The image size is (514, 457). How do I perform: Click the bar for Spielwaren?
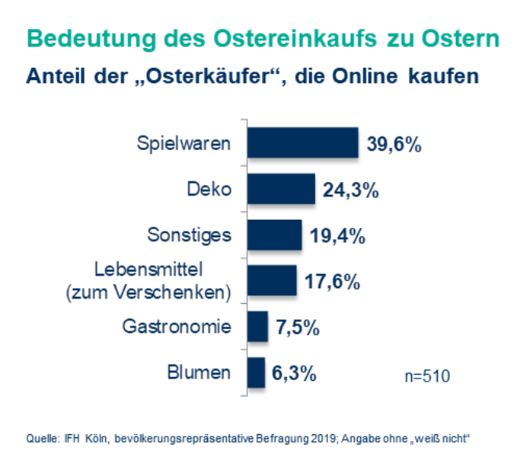click(303, 143)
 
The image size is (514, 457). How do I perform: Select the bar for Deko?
click(282, 189)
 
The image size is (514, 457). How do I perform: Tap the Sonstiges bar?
click(276, 235)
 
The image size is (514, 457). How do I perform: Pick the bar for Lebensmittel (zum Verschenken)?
click(273, 280)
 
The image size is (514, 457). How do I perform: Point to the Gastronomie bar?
click(258, 327)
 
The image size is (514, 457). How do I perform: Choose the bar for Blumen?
click(257, 372)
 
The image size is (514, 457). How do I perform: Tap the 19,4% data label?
click(338, 236)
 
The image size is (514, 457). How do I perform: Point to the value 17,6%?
click(332, 282)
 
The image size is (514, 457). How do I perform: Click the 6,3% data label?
click(294, 374)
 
